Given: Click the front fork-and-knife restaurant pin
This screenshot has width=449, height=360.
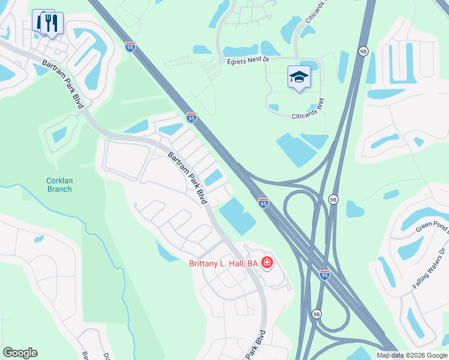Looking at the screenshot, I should click(52, 25).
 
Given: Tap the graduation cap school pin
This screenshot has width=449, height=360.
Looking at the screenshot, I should click(299, 77).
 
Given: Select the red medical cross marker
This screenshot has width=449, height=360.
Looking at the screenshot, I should click(267, 263).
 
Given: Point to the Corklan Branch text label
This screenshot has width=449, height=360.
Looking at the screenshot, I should click(59, 185).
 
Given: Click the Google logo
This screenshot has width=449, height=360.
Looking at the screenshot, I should click(20, 353).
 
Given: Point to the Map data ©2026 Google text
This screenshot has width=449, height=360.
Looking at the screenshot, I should click(411, 355).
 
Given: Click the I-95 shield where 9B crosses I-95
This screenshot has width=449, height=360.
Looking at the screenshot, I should click(324, 274).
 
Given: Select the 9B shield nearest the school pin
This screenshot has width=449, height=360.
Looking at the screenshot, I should click(363, 52).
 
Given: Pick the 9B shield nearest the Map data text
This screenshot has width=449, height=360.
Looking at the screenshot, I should click(316, 314).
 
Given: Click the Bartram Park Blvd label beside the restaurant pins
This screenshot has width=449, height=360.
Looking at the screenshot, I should click(62, 83).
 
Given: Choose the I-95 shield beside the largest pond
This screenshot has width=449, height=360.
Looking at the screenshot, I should click(263, 203).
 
